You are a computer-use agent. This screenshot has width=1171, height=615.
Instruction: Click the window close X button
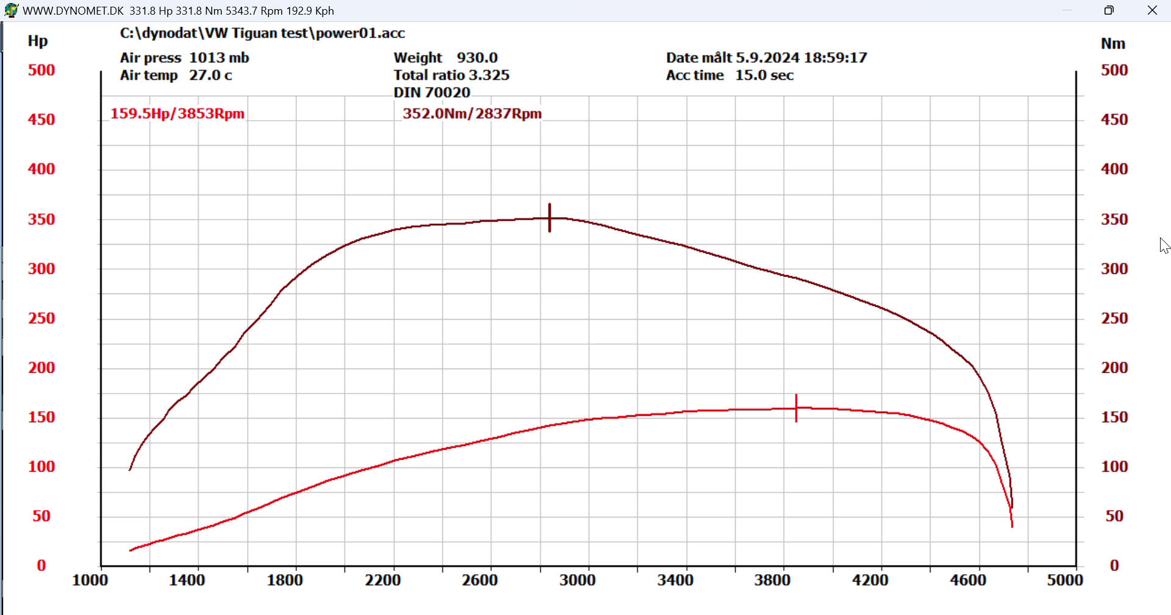pos(1152,10)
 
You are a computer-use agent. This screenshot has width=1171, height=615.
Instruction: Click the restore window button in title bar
pos(1109,10)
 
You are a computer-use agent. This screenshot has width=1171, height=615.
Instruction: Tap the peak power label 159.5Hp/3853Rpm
pos(177,113)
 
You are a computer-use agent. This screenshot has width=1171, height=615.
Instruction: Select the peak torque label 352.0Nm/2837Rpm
pos(471,113)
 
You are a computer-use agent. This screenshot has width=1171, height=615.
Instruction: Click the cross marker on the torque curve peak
pos(550,218)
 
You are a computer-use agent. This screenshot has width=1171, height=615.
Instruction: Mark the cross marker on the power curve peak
pos(796,408)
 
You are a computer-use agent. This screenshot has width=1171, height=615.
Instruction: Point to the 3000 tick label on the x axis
pos(577,580)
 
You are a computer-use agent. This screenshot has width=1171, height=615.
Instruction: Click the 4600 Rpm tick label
pos(967,580)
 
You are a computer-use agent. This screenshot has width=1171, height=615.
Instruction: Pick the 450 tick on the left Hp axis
pos(41,120)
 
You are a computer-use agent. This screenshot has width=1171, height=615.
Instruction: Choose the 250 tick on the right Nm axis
pos(1114,318)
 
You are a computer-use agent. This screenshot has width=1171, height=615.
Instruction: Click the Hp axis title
pos(38,41)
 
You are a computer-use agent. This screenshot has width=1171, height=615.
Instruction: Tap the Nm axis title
pos(1112,43)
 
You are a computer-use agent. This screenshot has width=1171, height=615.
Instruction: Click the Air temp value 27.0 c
pos(210,75)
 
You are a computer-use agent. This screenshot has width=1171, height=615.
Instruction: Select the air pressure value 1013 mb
pos(219,57)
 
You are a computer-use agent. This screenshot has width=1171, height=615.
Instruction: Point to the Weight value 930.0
pos(477,57)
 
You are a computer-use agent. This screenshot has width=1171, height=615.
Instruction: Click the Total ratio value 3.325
pos(489,75)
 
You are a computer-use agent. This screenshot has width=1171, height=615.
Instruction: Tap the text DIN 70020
pos(432,92)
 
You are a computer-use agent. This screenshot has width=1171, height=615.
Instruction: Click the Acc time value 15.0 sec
pos(764,75)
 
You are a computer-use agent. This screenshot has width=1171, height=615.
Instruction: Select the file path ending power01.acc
pos(262,33)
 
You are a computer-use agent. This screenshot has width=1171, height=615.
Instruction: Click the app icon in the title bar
pos(11,10)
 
